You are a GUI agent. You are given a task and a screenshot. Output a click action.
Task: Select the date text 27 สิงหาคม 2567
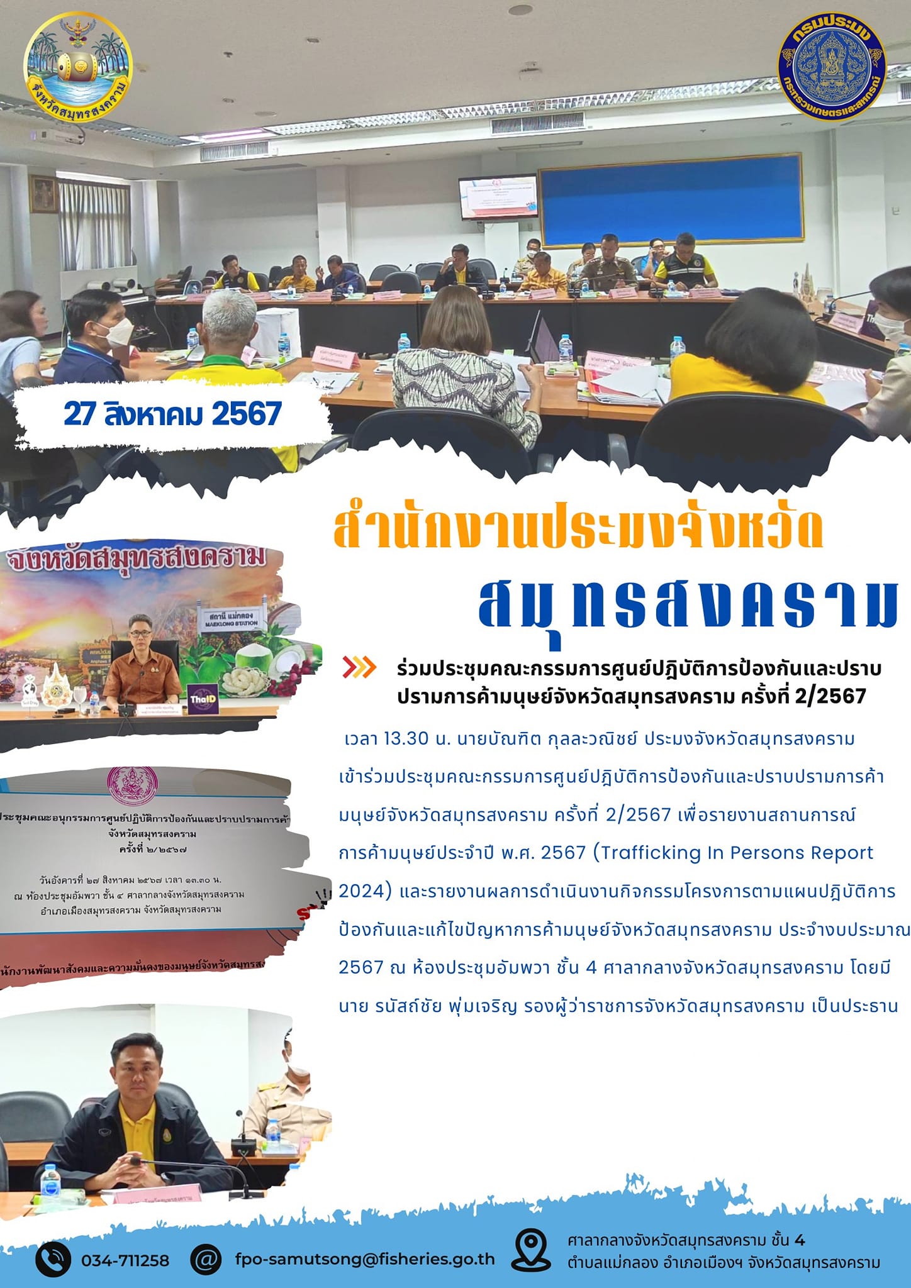pos(172,414)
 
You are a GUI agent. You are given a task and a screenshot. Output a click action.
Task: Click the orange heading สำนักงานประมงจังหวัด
pos(578,532)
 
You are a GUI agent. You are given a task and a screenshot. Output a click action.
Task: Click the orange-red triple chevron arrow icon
pos(359,667)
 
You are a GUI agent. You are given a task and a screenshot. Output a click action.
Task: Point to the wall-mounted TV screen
pos(499,197)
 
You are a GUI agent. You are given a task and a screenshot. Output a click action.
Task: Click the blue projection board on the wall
pos(671,197)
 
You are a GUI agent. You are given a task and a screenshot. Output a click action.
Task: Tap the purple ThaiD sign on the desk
pos(203,699)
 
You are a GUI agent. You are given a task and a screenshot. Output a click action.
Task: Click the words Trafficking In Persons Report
pos(736,853)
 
